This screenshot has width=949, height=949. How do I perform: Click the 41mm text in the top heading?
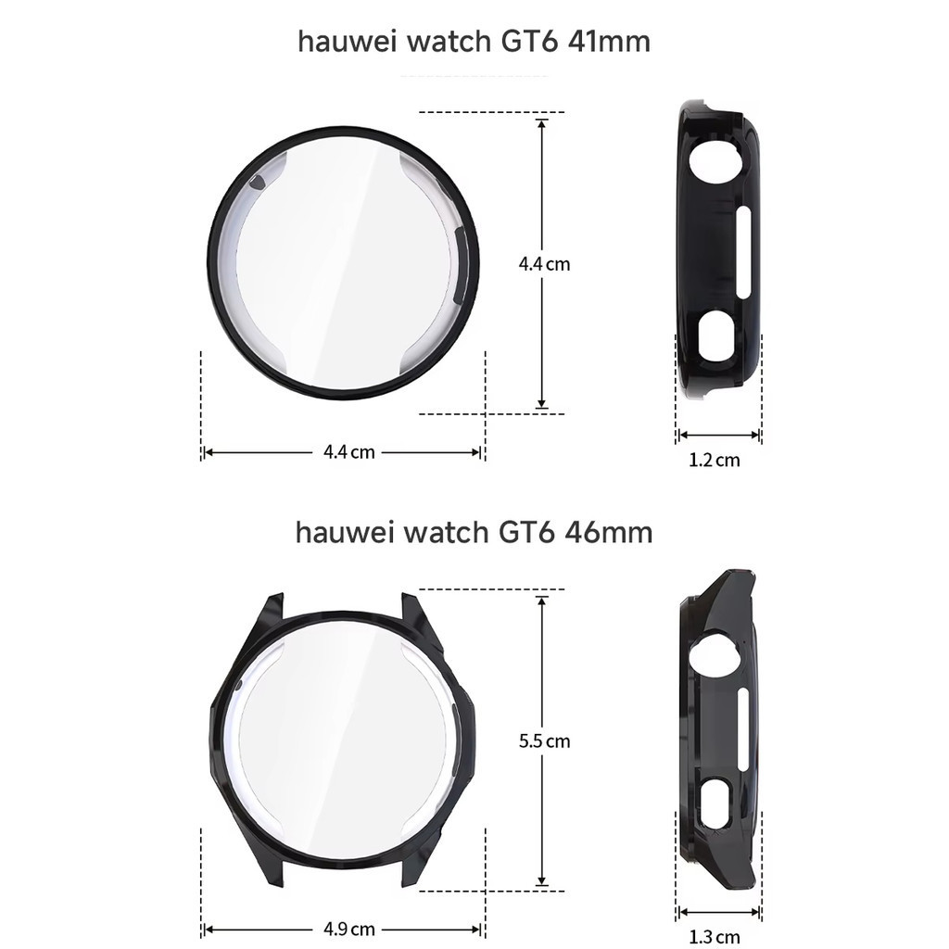(x=610, y=42)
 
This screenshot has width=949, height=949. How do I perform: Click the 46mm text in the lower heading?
(x=609, y=533)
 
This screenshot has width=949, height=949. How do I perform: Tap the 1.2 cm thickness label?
(x=715, y=461)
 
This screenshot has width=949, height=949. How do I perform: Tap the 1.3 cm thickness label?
(x=715, y=938)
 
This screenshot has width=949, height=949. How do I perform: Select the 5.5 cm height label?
(x=544, y=741)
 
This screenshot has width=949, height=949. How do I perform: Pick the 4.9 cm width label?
(x=348, y=929)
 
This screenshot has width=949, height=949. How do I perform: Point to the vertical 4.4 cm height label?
(x=544, y=264)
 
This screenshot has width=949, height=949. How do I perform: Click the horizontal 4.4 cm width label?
(x=348, y=452)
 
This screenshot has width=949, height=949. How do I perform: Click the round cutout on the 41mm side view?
(x=716, y=163)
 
